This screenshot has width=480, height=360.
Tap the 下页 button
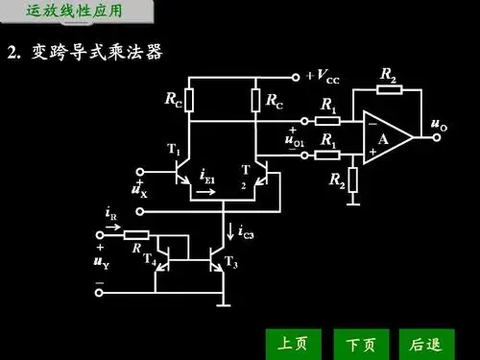360,342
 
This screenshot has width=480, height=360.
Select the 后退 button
424,342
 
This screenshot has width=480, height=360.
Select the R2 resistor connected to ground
353,179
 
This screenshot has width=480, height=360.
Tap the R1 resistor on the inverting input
328,121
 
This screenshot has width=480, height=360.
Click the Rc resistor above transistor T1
189,100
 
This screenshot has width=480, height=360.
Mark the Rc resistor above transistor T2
255,100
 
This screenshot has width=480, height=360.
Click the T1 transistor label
173,149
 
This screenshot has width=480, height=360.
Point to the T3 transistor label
230,261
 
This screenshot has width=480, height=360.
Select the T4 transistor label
149,257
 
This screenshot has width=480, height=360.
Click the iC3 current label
246,231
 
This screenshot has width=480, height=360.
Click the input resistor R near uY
136,234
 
